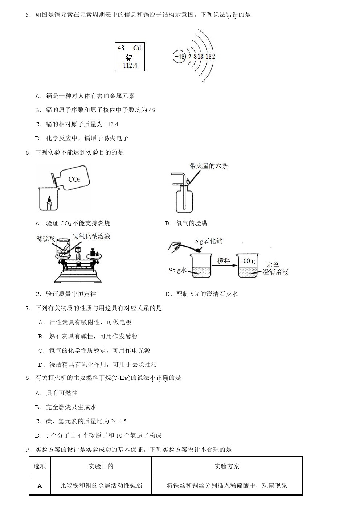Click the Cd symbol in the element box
[137, 48]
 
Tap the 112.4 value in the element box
[130, 66]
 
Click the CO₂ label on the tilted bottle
[74, 180]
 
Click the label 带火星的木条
[209, 166]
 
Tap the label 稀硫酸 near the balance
[46, 239]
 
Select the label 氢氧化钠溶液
[91, 237]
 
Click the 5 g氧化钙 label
[209, 241]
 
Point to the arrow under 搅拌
[224, 267]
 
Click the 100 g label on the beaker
[247, 261]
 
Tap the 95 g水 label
[177, 270]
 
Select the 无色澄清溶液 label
[275, 268]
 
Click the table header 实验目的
[101, 466]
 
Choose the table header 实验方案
[227, 466]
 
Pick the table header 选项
[40, 466]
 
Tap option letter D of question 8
[37, 435]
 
